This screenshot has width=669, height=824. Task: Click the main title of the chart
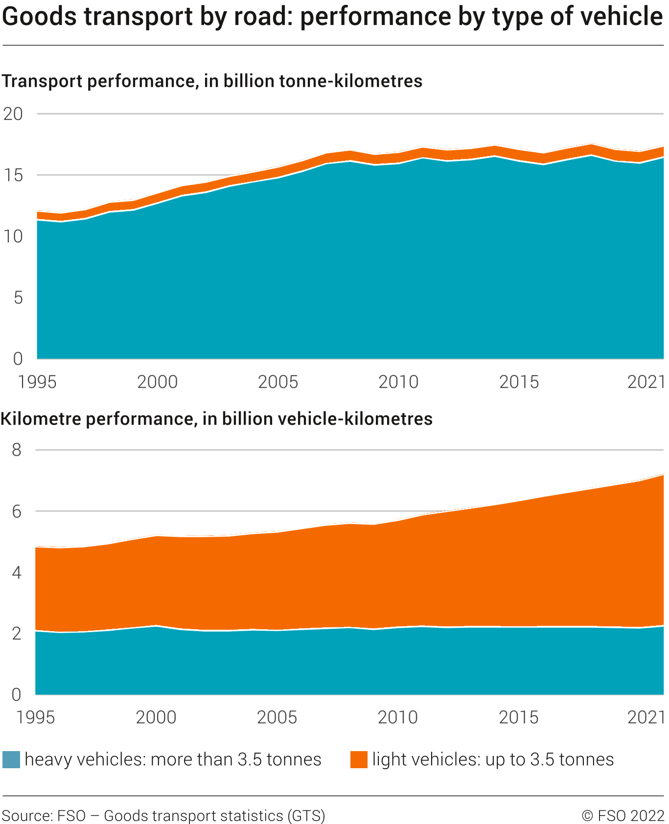coord(333,17)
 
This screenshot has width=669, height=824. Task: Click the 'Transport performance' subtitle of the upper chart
coord(212,81)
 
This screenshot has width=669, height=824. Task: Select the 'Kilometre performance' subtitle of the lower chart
coord(217,419)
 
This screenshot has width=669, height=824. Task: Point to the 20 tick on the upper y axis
coord(13,114)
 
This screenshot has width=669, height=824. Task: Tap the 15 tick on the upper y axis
coord(13,175)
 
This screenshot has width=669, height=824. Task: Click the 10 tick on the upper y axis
coord(13,237)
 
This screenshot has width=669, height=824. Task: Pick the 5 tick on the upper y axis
coord(18,298)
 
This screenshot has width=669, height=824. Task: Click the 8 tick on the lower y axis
coord(17,450)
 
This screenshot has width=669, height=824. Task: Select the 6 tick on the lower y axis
coord(17,511)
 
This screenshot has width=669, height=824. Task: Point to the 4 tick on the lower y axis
coord(17,572)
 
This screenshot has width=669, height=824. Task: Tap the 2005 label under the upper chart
coord(277,382)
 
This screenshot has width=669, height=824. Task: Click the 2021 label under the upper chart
coord(646,382)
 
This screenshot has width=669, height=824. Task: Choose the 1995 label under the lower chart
coord(36,717)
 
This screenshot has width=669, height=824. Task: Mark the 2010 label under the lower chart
coord(397,717)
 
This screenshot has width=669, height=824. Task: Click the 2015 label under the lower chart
coord(518,717)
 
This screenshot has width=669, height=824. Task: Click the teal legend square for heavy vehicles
coord(11,759)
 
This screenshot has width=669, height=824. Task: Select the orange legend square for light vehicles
coord(359,759)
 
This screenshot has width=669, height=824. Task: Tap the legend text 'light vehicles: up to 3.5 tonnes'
coord(493,759)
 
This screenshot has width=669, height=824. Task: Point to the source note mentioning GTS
coord(163,816)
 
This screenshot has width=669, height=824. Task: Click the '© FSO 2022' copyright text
coord(623,816)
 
